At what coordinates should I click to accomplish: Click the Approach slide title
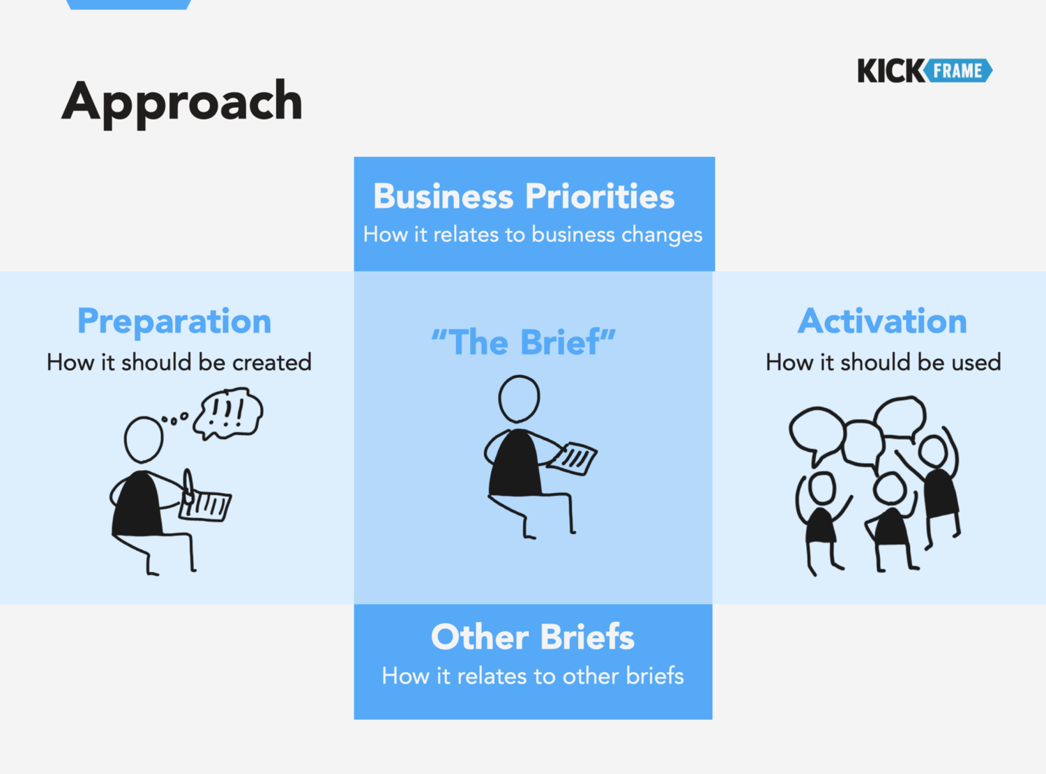(182, 102)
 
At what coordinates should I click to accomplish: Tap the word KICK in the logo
(890, 70)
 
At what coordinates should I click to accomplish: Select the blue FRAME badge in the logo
(958, 70)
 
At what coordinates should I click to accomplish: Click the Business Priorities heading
(524, 195)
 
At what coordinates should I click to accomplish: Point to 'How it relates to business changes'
(533, 235)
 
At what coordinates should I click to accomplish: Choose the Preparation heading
(174, 322)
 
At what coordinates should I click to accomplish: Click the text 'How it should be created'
(179, 362)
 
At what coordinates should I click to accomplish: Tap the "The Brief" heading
(524, 342)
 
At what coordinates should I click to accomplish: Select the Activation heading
(882, 321)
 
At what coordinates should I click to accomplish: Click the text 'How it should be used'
(884, 362)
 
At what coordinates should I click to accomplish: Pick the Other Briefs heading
(533, 637)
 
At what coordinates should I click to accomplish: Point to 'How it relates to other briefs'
(533, 676)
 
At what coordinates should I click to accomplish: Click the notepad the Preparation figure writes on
(206, 506)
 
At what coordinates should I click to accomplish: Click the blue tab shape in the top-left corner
(128, 4)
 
